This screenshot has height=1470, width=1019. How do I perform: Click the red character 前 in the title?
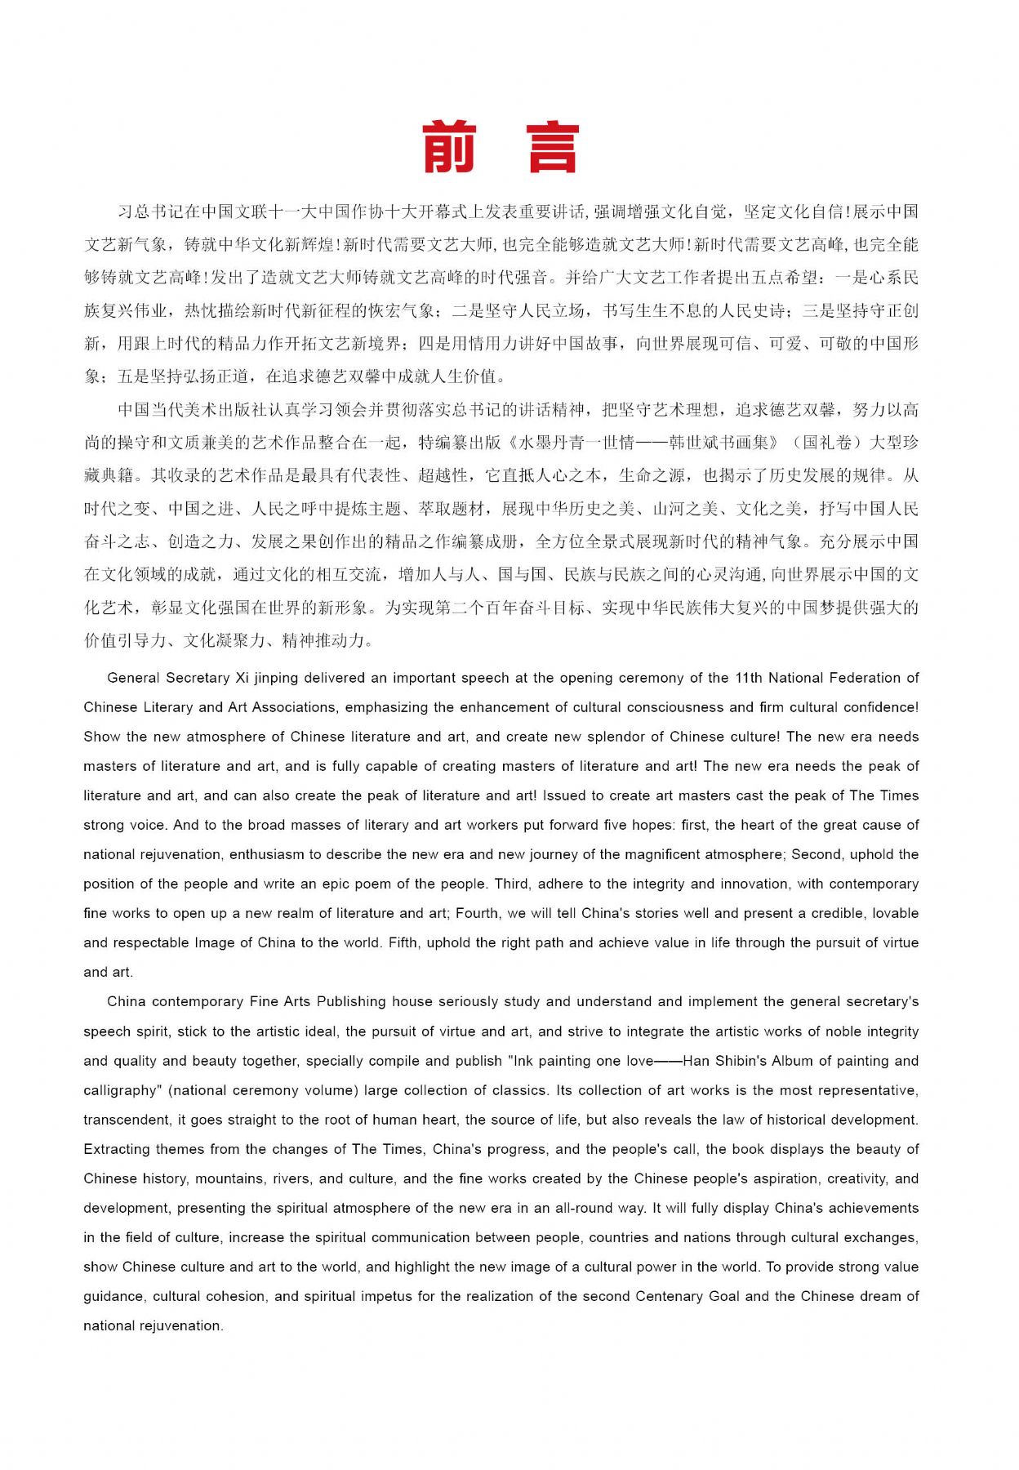click(x=450, y=148)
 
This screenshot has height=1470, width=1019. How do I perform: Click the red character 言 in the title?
click(x=553, y=148)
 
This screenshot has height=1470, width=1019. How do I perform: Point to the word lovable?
click(x=896, y=913)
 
